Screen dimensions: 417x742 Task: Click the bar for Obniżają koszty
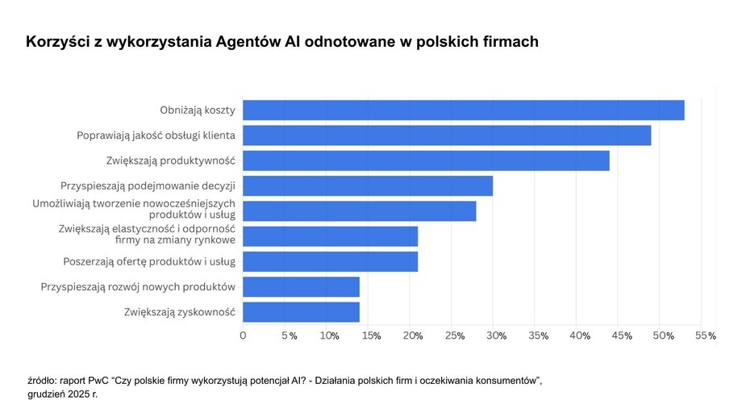[x=464, y=111]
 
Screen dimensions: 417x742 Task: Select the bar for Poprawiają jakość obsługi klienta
[x=447, y=136]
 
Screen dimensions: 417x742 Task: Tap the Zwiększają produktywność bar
[x=426, y=161]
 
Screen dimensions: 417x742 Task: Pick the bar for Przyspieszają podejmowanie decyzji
[x=368, y=186]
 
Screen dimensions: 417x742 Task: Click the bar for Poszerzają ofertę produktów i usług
[x=331, y=261]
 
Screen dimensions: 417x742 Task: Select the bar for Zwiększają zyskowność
[x=301, y=312]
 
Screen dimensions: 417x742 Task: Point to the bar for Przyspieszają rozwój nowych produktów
[x=301, y=287]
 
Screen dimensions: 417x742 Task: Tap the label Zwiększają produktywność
[x=170, y=161]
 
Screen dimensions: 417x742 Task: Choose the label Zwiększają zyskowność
[x=179, y=312]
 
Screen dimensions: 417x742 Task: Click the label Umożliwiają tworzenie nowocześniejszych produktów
[x=133, y=210]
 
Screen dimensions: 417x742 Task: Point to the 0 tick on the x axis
[x=244, y=336]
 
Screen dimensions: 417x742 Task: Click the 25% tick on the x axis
[x=455, y=336]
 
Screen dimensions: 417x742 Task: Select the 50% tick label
[x=664, y=336]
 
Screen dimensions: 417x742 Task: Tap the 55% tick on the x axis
[x=706, y=336]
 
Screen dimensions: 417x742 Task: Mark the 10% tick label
[x=329, y=336]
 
